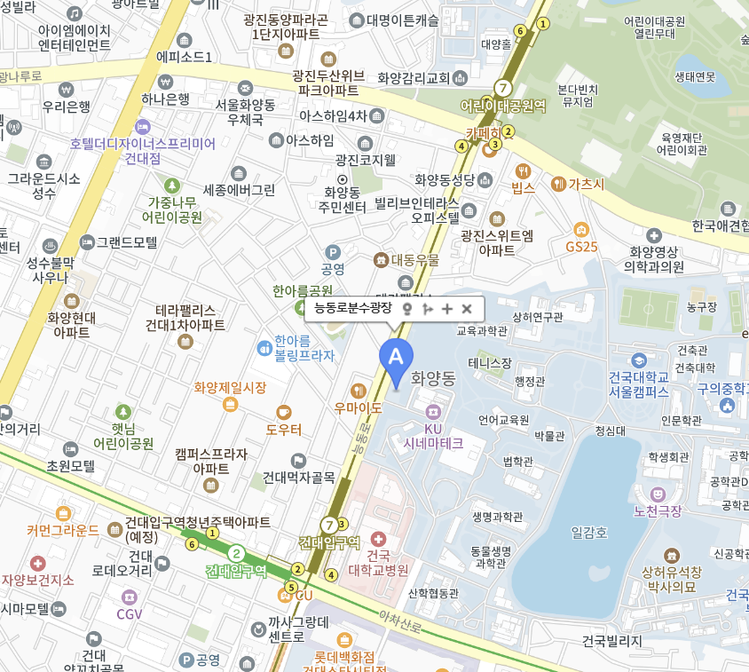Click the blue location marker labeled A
pyautogui.click(x=396, y=358)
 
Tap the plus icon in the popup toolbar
pyautogui.click(x=447, y=309)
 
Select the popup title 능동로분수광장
pyautogui.click(x=353, y=309)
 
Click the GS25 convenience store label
pyautogui.click(x=581, y=246)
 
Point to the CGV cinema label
pyautogui.click(x=130, y=613)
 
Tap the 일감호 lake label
pyautogui.click(x=589, y=533)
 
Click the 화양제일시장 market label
pyautogui.click(x=230, y=388)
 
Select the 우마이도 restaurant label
pyautogui.click(x=358, y=408)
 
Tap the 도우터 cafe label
pyautogui.click(x=283, y=429)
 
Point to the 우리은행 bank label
pyautogui.click(x=66, y=107)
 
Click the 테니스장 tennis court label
pyautogui.click(x=490, y=363)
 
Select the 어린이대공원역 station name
pyautogui.click(x=502, y=106)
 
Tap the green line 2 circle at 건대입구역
pyautogui.click(x=236, y=553)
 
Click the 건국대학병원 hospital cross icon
pyautogui.click(x=378, y=539)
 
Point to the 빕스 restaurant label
pyautogui.click(x=524, y=186)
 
